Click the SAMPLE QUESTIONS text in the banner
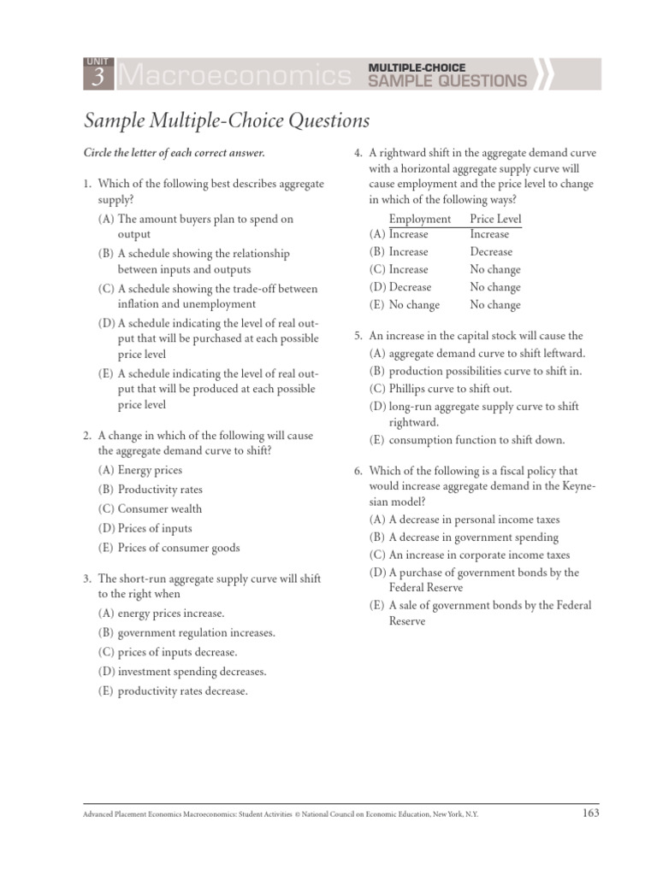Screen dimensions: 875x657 pyautogui.click(x=447, y=81)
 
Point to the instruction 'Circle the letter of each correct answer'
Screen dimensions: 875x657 pyautogui.click(x=174, y=153)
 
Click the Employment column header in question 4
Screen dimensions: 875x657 pyautogui.click(x=419, y=219)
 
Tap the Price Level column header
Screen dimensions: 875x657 pyautogui.click(x=495, y=219)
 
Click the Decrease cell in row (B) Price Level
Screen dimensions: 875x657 pyautogui.click(x=491, y=252)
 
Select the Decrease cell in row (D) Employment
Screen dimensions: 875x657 pyautogui.click(x=410, y=287)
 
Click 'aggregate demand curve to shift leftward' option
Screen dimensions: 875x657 pyautogui.click(x=487, y=353)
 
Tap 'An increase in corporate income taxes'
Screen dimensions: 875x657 pyautogui.click(x=479, y=555)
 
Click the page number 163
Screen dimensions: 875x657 pyautogui.click(x=589, y=813)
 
